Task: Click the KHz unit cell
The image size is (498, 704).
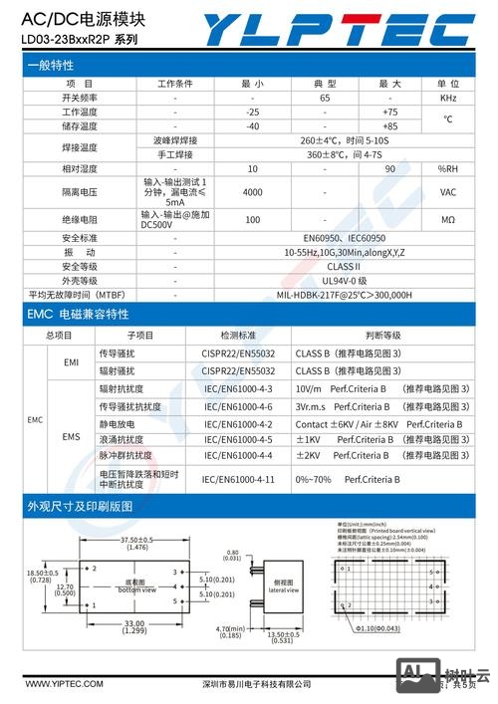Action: coord(447,98)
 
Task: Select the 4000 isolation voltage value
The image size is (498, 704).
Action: coord(252,191)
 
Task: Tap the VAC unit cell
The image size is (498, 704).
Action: coord(447,191)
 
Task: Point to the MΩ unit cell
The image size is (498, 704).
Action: coord(447,219)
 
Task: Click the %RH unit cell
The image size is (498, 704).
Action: coord(447,168)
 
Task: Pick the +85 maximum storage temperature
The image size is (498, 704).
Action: coord(389,126)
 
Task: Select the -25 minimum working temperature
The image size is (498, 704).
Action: coord(252,112)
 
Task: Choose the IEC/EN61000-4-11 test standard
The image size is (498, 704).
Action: coord(238,479)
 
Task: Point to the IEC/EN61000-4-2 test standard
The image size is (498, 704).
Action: coord(238,422)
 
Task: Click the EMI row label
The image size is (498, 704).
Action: coord(71,362)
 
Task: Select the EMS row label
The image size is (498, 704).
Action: coord(71,436)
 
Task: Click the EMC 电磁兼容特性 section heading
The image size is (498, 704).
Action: coord(78,315)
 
